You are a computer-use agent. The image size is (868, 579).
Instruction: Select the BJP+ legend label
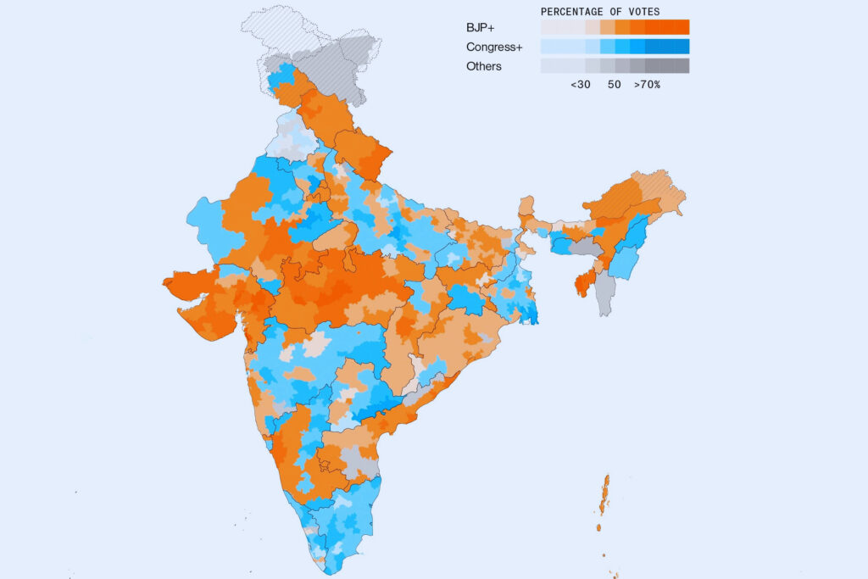pos(481,27)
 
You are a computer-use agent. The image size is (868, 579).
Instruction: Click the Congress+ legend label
pos(494,47)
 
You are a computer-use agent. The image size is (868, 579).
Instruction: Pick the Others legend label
pos(484,66)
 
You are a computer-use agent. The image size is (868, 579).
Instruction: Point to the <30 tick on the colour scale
pos(581,85)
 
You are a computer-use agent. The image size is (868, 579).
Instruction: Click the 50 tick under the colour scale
pos(615,85)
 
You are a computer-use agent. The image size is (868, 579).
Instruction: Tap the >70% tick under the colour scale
pos(647,85)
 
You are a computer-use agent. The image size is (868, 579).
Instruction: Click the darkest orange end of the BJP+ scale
pos(682,27)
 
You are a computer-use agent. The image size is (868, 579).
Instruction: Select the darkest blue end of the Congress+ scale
pos(682,47)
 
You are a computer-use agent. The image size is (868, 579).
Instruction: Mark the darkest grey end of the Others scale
pos(682,66)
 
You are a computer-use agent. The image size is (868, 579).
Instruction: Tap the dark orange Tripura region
pos(582,283)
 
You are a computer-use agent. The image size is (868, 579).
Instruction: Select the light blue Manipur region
pos(623,264)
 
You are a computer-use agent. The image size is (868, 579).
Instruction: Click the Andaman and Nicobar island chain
pos(604,496)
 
